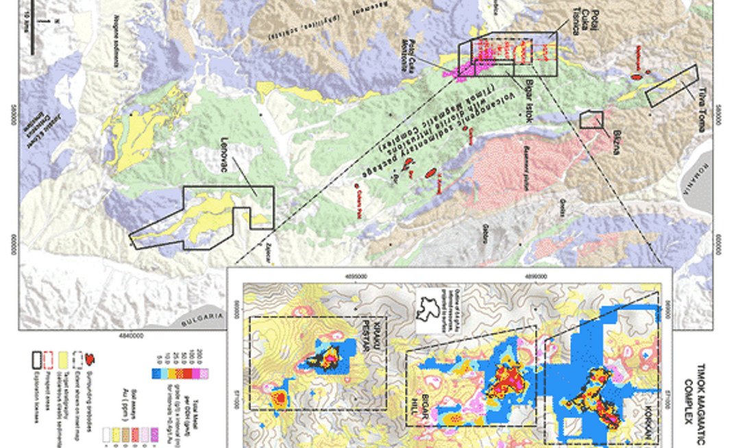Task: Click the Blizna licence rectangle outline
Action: (x=591, y=120)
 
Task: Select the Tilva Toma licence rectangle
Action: (x=672, y=85)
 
